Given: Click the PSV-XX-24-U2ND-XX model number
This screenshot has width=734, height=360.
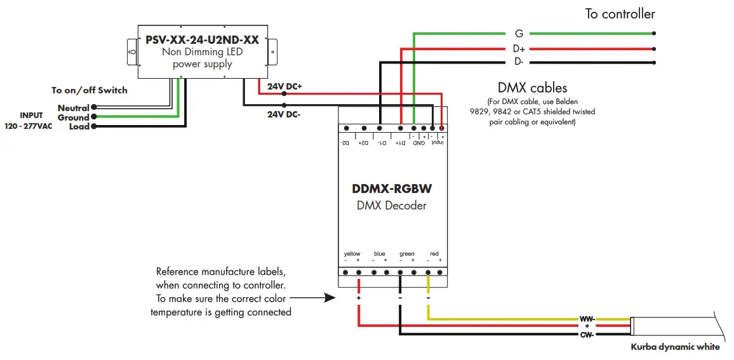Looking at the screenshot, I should [202, 39].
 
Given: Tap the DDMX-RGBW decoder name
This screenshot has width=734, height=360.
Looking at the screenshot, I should [392, 189].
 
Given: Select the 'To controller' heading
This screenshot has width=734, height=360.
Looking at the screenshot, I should [620, 14].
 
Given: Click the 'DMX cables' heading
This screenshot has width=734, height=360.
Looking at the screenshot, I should [532, 88].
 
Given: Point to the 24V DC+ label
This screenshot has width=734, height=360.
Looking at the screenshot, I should [284, 86].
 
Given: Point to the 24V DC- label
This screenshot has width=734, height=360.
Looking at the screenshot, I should [284, 115].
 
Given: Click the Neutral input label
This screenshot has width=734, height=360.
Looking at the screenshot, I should [73, 109].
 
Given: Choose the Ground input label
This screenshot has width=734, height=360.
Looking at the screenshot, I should [73, 117].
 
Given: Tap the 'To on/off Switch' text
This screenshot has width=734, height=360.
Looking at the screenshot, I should [90, 90].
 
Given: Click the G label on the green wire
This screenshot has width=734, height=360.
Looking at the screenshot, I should [519, 34].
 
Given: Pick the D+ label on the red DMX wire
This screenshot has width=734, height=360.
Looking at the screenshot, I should [519, 48].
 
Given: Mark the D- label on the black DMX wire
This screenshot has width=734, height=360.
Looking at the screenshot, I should [519, 62].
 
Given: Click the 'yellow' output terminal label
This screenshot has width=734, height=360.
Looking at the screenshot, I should [352, 254].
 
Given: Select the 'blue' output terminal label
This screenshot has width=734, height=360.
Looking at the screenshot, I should [380, 254].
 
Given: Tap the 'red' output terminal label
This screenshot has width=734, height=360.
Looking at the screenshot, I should [434, 254].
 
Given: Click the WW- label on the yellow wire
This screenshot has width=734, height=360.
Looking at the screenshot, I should [587, 319].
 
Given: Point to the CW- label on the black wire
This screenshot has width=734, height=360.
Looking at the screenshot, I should [587, 334].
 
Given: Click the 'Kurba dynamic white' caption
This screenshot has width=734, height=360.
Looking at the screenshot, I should [675, 347].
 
